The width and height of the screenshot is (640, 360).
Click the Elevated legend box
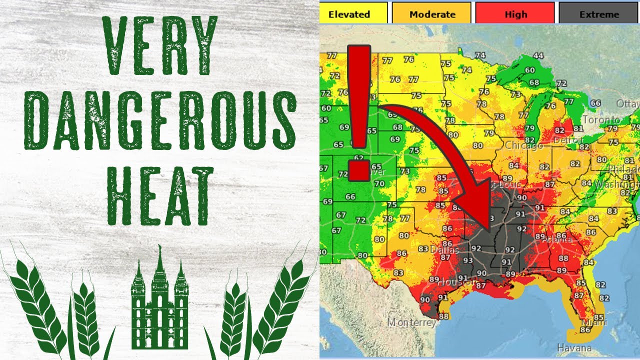[x=353, y=13]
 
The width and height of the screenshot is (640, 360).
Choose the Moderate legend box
[x=431, y=13]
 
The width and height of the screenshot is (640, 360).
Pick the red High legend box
[x=515, y=13]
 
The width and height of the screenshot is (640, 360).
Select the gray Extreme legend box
[x=598, y=13]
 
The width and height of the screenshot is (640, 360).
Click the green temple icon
[x=159, y=305]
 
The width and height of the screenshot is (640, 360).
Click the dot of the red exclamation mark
[x=358, y=170]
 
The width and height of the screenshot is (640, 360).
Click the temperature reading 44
[x=538, y=55]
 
